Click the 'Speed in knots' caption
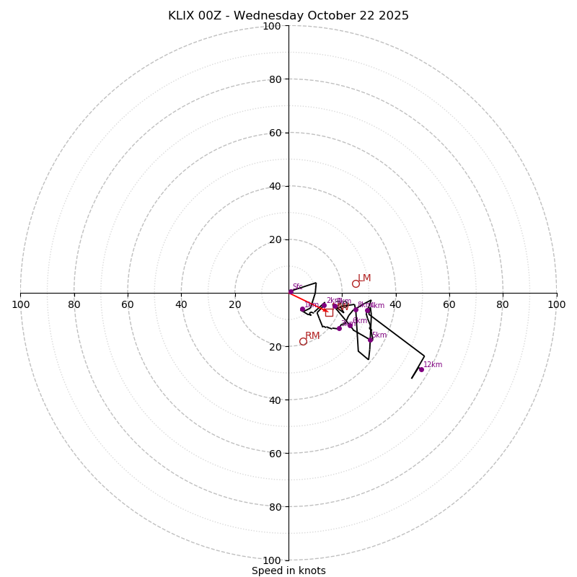pyautogui.click(x=288, y=571)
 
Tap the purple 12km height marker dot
pyautogui.click(x=421, y=369)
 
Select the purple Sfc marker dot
pyautogui.click(x=291, y=291)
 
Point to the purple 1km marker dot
pyautogui.click(x=302, y=309)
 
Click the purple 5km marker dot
pyautogui.click(x=370, y=340)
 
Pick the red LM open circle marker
pyautogui.click(x=356, y=283)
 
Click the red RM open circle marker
pyautogui.click(x=303, y=341)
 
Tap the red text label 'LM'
pyautogui.click(x=364, y=278)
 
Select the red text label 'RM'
pyautogui.click(x=312, y=336)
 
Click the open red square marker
pyautogui.click(x=329, y=312)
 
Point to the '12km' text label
pyautogui.click(x=433, y=365)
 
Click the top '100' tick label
pyautogui.click(x=271, y=26)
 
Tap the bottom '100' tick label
pyautogui.click(x=271, y=560)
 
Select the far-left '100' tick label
pyautogui.click(x=21, y=304)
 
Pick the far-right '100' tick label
pyautogui.click(x=556, y=304)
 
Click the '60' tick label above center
pyautogui.click(x=274, y=133)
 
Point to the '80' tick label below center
pyautogui.click(x=274, y=506)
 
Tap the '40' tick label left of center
pyautogui.click(x=181, y=304)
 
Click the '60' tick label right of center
pyautogui.click(x=449, y=304)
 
